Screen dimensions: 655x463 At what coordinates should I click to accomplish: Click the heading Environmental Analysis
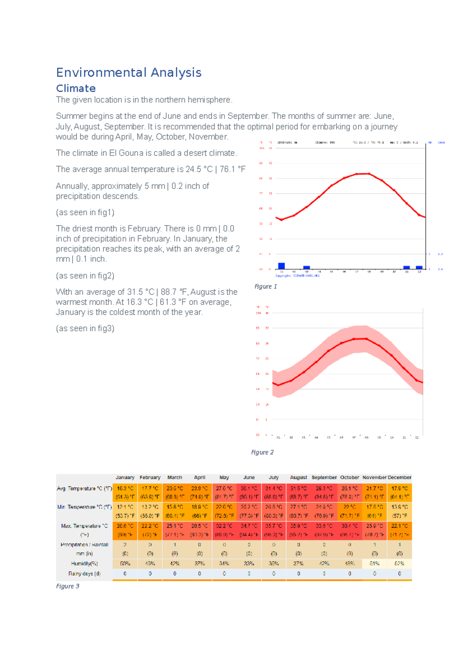pos(128,73)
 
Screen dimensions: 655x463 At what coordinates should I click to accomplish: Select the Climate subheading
pos(76,88)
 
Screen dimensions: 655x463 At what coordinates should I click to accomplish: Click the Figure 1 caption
pos(265,286)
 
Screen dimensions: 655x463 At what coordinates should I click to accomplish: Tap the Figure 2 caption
pos(262,452)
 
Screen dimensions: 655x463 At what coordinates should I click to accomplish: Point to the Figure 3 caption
pos(68,586)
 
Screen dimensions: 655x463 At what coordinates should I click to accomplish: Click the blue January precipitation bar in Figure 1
pos(282,266)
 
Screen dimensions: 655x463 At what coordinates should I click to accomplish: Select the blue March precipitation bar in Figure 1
pos(307,267)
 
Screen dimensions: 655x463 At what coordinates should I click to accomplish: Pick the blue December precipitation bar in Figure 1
pos(419,267)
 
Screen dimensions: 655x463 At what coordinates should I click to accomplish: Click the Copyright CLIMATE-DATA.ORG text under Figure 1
pos(297,276)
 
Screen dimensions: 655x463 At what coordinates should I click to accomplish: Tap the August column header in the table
pos(299,478)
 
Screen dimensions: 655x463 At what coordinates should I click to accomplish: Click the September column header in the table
pos(324,478)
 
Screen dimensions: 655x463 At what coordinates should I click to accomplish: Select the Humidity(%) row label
pos(84,564)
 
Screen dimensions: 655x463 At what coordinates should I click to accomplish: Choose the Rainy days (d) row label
pos(84,574)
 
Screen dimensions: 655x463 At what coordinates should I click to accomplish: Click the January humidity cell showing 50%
pos(125,564)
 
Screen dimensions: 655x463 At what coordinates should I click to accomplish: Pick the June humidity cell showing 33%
pos(249,564)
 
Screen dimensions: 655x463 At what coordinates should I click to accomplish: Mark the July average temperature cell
pos(274,493)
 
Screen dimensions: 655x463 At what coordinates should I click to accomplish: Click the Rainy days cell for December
pos(399,574)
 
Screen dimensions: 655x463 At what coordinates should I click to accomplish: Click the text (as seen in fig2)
pos(85,276)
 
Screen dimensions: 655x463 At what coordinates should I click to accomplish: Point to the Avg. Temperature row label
pos(84,488)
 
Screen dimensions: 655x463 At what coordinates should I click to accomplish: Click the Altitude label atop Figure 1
pos(287,142)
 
